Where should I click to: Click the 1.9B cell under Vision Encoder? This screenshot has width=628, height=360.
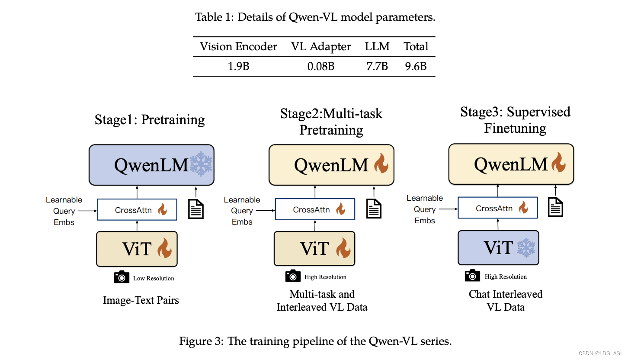(x=238, y=66)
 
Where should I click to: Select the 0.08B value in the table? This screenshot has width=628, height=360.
(x=321, y=66)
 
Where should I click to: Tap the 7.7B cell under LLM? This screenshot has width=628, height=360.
(x=377, y=66)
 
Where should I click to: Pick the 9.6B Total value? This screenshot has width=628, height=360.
(x=416, y=66)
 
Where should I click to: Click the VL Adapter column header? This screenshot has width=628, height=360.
(x=321, y=47)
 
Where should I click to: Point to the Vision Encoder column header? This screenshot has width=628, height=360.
(x=238, y=47)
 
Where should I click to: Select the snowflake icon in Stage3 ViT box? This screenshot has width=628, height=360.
(x=526, y=247)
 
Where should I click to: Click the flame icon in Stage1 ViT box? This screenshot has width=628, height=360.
(x=164, y=249)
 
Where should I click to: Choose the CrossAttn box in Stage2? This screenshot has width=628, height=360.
(x=315, y=210)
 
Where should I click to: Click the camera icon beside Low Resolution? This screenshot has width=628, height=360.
(x=122, y=277)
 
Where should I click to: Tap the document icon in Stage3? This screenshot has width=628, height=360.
(x=556, y=206)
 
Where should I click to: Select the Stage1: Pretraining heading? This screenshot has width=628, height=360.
(x=150, y=119)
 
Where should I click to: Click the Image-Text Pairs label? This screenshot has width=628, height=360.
(x=141, y=300)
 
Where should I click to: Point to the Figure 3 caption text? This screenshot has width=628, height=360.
(x=315, y=341)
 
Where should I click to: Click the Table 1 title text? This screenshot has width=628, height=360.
(x=315, y=17)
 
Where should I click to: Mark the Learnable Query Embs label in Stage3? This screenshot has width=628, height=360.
(x=425, y=209)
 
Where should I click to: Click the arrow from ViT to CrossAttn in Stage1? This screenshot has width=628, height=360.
(x=137, y=225)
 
